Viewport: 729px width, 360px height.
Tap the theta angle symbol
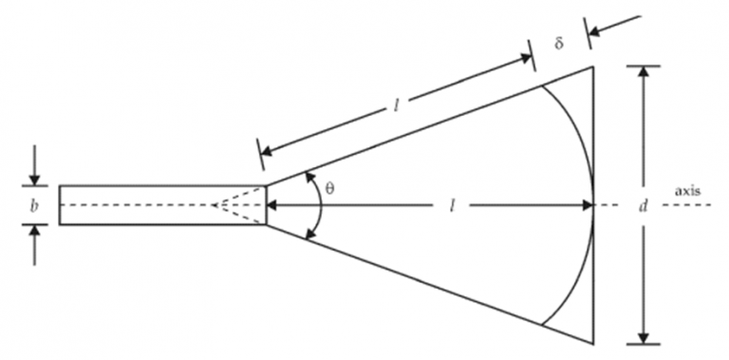[329, 188]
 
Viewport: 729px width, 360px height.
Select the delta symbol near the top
[559, 45]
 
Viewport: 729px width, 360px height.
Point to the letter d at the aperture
[643, 205]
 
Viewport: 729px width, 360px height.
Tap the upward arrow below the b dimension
[34, 231]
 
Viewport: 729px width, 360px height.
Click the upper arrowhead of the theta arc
[308, 177]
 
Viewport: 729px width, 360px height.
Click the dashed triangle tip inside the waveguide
[215, 205]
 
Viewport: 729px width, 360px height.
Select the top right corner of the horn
[593, 66]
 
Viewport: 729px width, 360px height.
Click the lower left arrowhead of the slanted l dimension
[267, 152]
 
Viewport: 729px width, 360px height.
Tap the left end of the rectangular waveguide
[60, 205]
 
